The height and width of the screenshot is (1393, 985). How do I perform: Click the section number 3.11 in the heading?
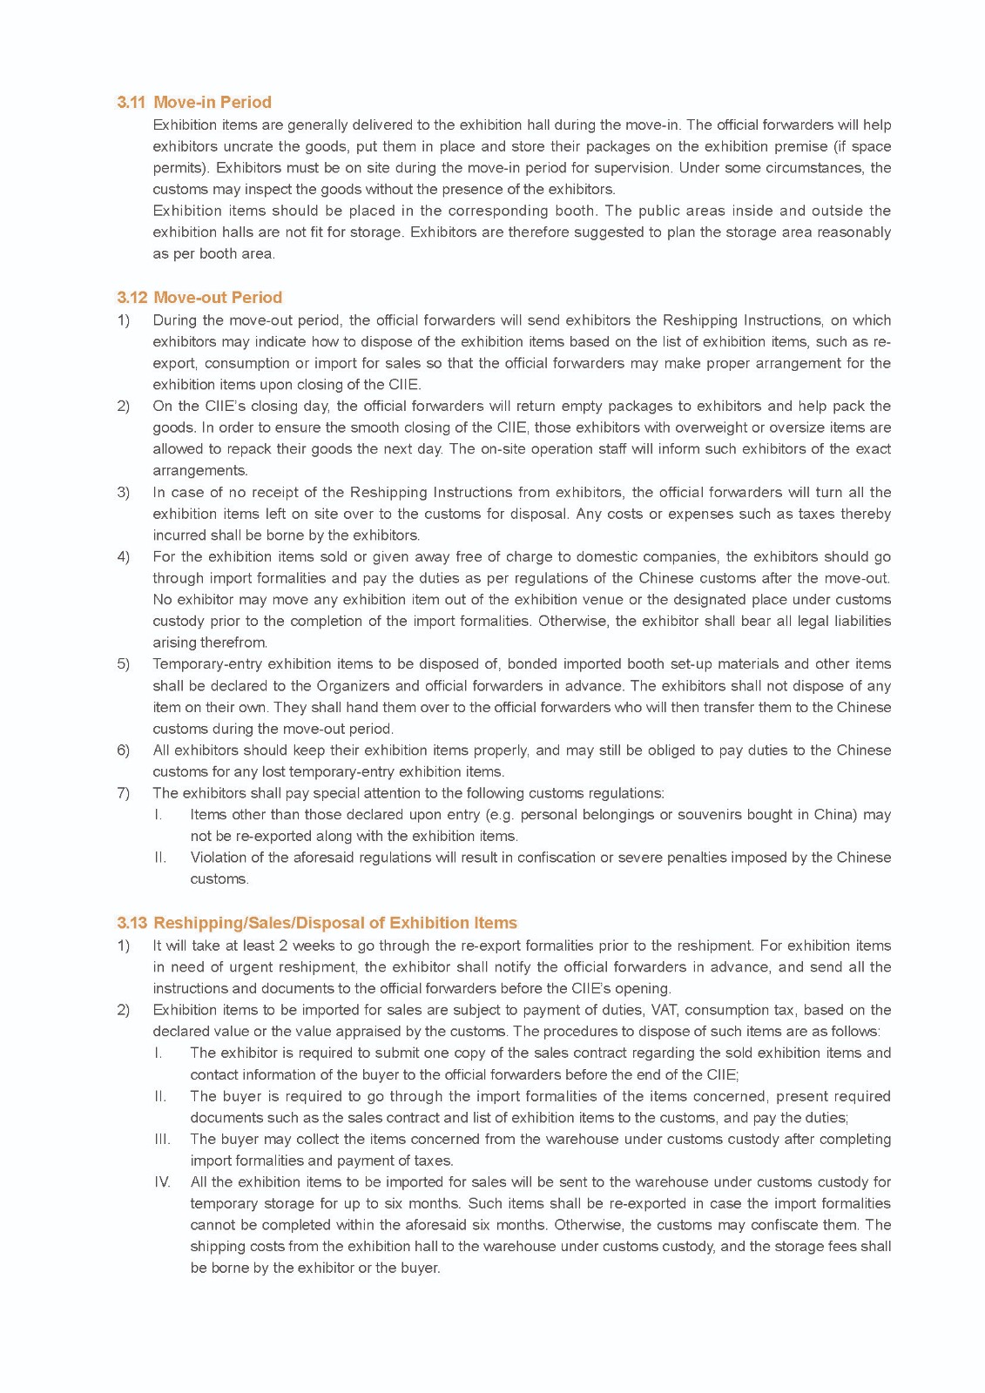[x=131, y=102]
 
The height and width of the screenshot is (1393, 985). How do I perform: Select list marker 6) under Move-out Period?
[x=124, y=750]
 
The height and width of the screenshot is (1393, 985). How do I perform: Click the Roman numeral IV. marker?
[x=162, y=1182]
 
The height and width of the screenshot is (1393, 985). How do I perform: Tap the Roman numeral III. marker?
[x=162, y=1139]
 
